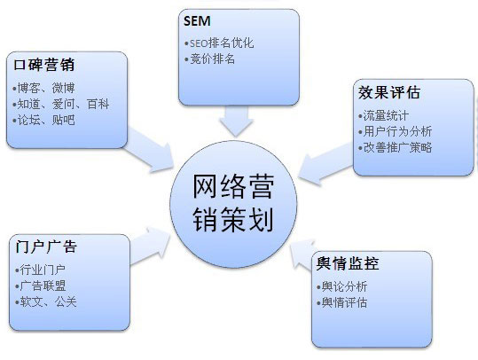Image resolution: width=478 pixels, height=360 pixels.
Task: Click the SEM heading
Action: click(197, 21)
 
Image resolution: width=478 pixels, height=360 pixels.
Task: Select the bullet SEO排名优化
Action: click(219, 43)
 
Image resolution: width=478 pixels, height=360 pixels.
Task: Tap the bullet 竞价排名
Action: click(209, 59)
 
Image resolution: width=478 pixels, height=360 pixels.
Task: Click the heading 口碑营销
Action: click(44, 65)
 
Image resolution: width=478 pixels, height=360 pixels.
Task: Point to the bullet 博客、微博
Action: click(44, 88)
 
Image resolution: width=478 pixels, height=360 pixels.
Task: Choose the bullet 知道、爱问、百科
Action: click(61, 104)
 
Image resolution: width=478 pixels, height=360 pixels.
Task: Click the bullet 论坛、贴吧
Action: click(44, 120)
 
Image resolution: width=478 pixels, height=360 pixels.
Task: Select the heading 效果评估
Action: click(389, 92)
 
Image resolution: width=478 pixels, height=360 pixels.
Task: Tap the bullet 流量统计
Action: click(383, 116)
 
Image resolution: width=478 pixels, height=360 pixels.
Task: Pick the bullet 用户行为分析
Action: click(396, 131)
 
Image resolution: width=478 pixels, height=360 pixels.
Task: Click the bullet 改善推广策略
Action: click(396, 147)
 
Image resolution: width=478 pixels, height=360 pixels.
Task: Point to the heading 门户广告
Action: click(46, 247)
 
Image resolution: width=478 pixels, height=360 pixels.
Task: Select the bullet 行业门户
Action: click(40, 270)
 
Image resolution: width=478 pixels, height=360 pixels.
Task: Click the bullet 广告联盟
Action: click(40, 286)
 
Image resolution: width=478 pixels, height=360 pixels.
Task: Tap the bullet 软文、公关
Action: click(46, 301)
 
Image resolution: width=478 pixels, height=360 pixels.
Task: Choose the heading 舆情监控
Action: click(348, 263)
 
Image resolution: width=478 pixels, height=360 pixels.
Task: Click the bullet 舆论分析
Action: click(342, 286)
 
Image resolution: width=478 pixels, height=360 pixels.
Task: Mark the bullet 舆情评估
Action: click(342, 302)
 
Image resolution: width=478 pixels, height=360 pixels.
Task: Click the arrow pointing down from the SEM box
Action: click(236, 121)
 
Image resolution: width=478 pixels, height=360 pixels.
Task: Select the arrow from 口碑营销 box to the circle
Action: click(149, 149)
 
